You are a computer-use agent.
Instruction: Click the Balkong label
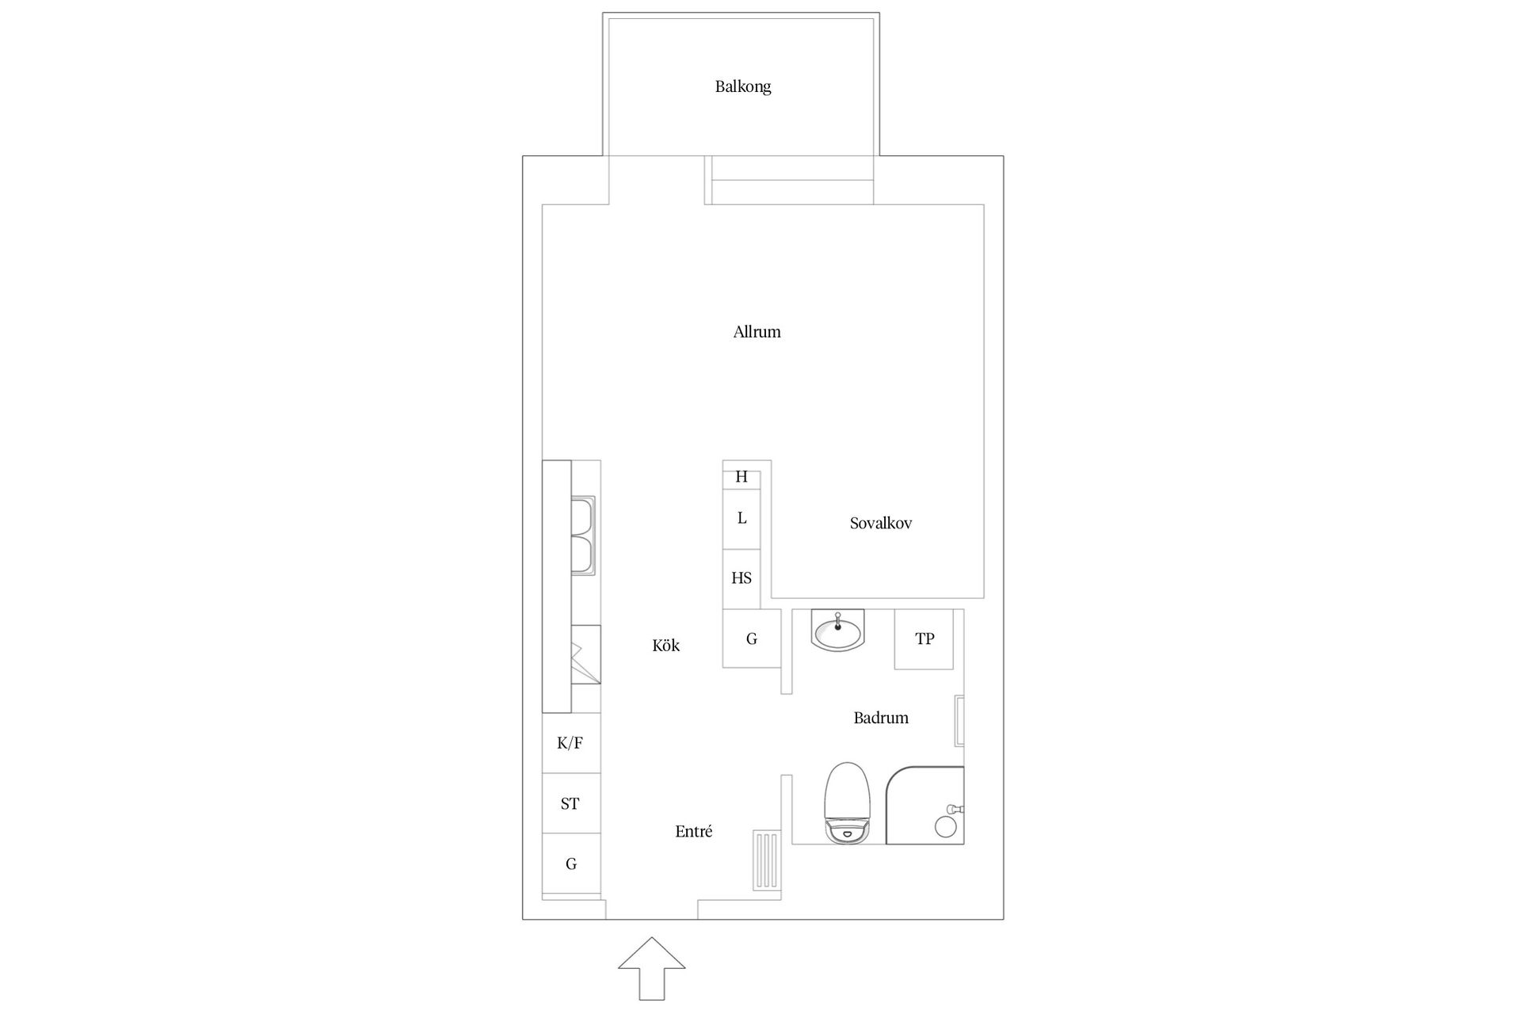click(742, 86)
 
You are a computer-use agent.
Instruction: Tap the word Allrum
click(757, 332)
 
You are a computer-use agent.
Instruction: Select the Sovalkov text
click(880, 523)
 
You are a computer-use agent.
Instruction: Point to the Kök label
click(665, 646)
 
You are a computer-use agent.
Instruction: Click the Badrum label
click(880, 718)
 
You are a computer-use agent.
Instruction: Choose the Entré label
click(693, 831)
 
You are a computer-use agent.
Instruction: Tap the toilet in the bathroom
click(847, 802)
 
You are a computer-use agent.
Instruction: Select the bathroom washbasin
click(837, 631)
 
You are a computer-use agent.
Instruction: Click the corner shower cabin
click(925, 805)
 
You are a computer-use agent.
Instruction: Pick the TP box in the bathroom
click(924, 639)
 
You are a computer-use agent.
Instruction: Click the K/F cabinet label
click(570, 743)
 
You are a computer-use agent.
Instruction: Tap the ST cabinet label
click(570, 804)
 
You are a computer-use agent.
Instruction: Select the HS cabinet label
click(741, 578)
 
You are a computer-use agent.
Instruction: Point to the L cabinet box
click(741, 519)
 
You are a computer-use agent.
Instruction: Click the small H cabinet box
click(741, 478)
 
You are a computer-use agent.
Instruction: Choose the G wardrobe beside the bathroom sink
click(751, 639)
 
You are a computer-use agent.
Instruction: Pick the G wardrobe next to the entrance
click(570, 864)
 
